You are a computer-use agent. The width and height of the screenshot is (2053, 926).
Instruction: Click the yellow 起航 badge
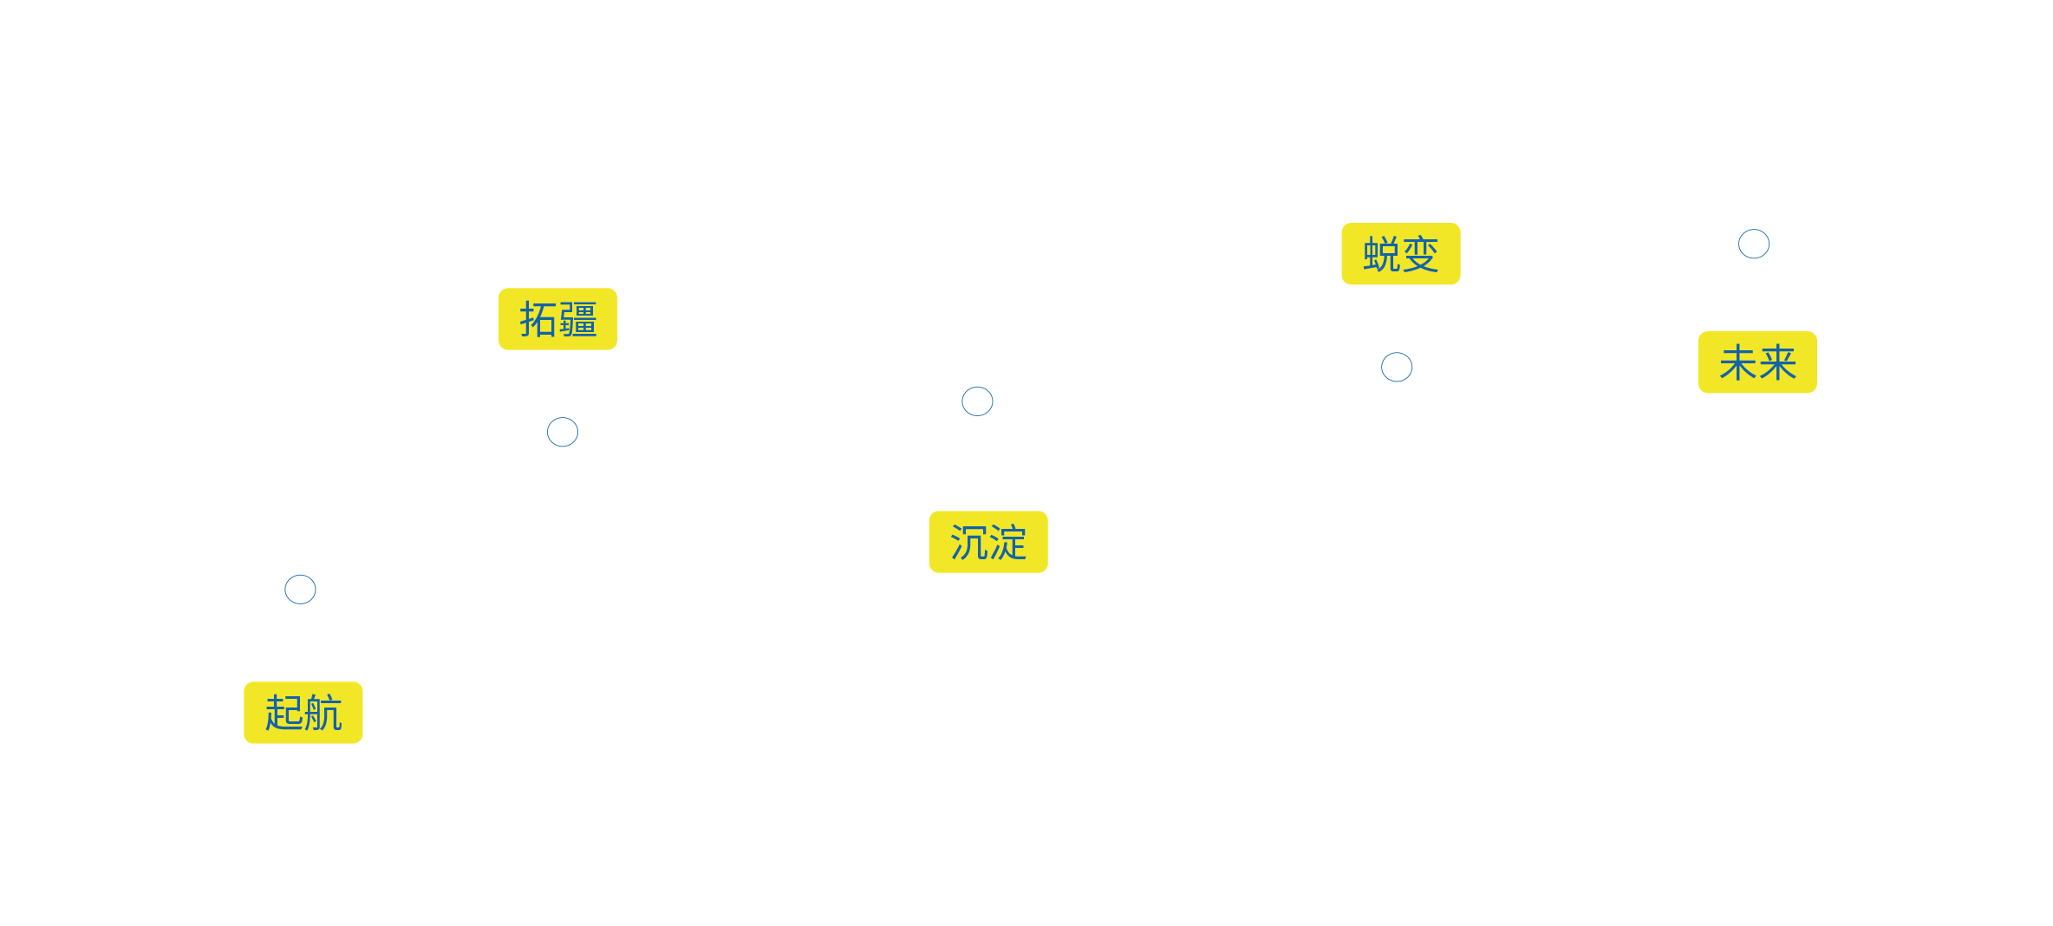(303, 713)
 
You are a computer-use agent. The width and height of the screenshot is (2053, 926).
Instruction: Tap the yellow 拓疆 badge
(557, 319)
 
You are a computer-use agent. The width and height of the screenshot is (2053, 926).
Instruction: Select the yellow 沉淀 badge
(987, 542)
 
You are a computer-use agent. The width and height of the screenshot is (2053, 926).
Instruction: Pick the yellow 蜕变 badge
(1400, 254)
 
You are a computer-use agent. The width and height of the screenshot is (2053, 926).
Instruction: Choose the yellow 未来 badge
(1756, 362)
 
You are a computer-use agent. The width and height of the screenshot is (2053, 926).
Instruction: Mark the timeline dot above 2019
(977, 401)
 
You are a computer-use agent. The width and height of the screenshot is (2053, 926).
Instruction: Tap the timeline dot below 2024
(1397, 367)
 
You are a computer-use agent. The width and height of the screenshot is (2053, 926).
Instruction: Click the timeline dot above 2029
(1754, 245)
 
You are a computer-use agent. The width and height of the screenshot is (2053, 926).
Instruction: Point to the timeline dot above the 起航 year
(300, 590)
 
